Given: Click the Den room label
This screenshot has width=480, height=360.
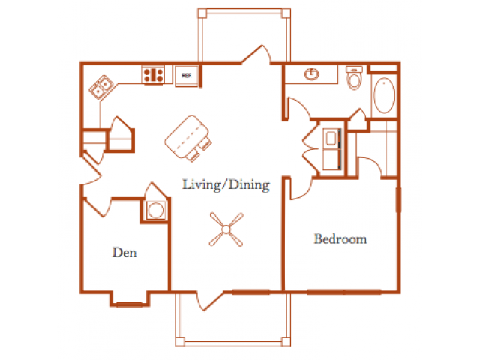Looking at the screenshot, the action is tap(124, 252).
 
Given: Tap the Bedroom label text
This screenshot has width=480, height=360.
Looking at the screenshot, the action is tap(340, 238).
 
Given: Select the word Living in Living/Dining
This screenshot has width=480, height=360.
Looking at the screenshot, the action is tap(202, 185).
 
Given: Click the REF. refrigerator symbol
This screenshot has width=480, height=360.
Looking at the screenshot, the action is tap(187, 75).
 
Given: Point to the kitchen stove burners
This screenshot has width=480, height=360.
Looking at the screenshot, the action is tap(153, 75).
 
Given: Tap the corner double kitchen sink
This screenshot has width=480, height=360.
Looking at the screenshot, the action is tap(101, 87).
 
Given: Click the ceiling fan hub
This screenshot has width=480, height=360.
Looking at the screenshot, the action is tap(226, 229).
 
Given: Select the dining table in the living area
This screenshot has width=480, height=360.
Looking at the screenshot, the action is tap(186, 136).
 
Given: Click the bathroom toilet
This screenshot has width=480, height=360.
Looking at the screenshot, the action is tap(354, 77).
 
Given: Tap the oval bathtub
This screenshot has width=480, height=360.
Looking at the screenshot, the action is tap(385, 95).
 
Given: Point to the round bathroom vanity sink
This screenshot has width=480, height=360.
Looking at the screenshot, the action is tap(312, 73).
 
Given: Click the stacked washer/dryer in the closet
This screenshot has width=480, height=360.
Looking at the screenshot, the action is tap(331, 149).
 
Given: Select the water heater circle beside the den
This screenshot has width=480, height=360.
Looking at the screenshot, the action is tap(156, 210).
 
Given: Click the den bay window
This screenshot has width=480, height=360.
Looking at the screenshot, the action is tap(130, 304).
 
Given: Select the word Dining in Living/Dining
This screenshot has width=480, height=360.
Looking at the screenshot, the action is tap(250, 185).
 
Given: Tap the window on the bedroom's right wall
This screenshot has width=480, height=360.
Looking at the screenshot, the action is tap(398, 199).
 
